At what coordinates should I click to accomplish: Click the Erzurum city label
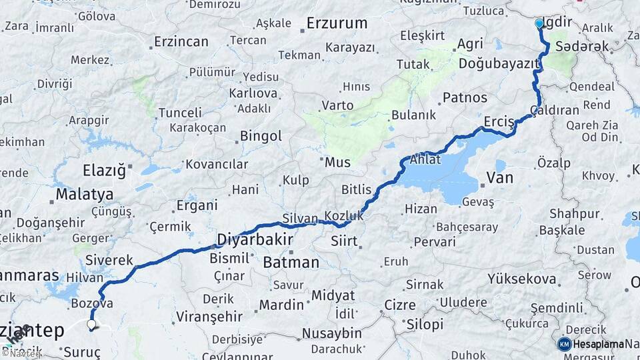point(337,23)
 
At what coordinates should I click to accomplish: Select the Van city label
point(499,177)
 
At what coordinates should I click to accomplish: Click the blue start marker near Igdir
point(539,24)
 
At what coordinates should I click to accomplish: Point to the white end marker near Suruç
point(91,325)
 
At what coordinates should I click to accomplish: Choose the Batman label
point(291,263)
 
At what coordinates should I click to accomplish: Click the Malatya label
point(85,195)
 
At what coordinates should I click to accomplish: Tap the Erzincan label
point(181,41)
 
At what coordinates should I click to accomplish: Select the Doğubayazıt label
point(498,64)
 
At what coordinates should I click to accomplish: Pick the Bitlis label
point(356,190)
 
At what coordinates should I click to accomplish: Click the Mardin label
point(281,305)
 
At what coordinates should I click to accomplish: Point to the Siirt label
point(344,241)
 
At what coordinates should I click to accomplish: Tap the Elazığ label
point(104,170)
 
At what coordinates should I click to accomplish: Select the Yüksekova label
point(522,279)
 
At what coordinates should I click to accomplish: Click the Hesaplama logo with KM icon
point(591,344)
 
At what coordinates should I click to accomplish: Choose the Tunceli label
point(179,112)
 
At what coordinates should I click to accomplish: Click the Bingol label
point(261,137)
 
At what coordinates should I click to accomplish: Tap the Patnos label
point(465,97)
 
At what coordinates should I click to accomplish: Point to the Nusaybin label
point(332,333)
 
